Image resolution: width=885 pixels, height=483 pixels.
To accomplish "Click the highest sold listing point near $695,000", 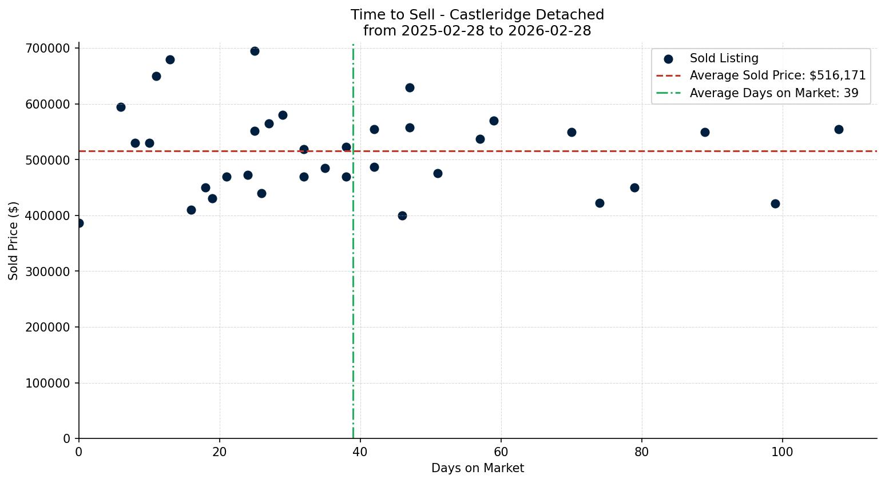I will pos(255,51).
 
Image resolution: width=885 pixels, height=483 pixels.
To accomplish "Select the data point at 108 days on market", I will pos(839,129).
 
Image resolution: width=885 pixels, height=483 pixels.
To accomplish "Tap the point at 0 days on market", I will pos(79,223).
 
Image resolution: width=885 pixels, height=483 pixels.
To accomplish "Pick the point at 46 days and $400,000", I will pos(402,215).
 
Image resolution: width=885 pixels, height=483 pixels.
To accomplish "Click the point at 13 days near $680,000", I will pos(170,59).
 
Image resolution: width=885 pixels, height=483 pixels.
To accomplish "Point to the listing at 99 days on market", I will pos(775,203).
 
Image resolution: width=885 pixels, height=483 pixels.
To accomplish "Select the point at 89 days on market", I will pos(705,132).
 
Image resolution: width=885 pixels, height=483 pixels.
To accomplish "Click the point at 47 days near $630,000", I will pos(410,87).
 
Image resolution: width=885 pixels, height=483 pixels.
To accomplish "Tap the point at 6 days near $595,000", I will pos(121,107).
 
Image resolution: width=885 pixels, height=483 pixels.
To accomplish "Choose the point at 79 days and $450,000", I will pos(634,187).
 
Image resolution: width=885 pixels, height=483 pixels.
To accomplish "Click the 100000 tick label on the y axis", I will pos(47,383).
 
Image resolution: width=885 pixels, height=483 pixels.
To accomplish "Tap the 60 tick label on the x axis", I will pos(501,452).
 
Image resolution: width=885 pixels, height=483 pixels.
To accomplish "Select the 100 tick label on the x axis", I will pos(783,452).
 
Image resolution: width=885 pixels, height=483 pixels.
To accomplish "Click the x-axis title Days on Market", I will pos(478,468).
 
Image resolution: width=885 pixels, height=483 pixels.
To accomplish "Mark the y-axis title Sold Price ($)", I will pos(14,241).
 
